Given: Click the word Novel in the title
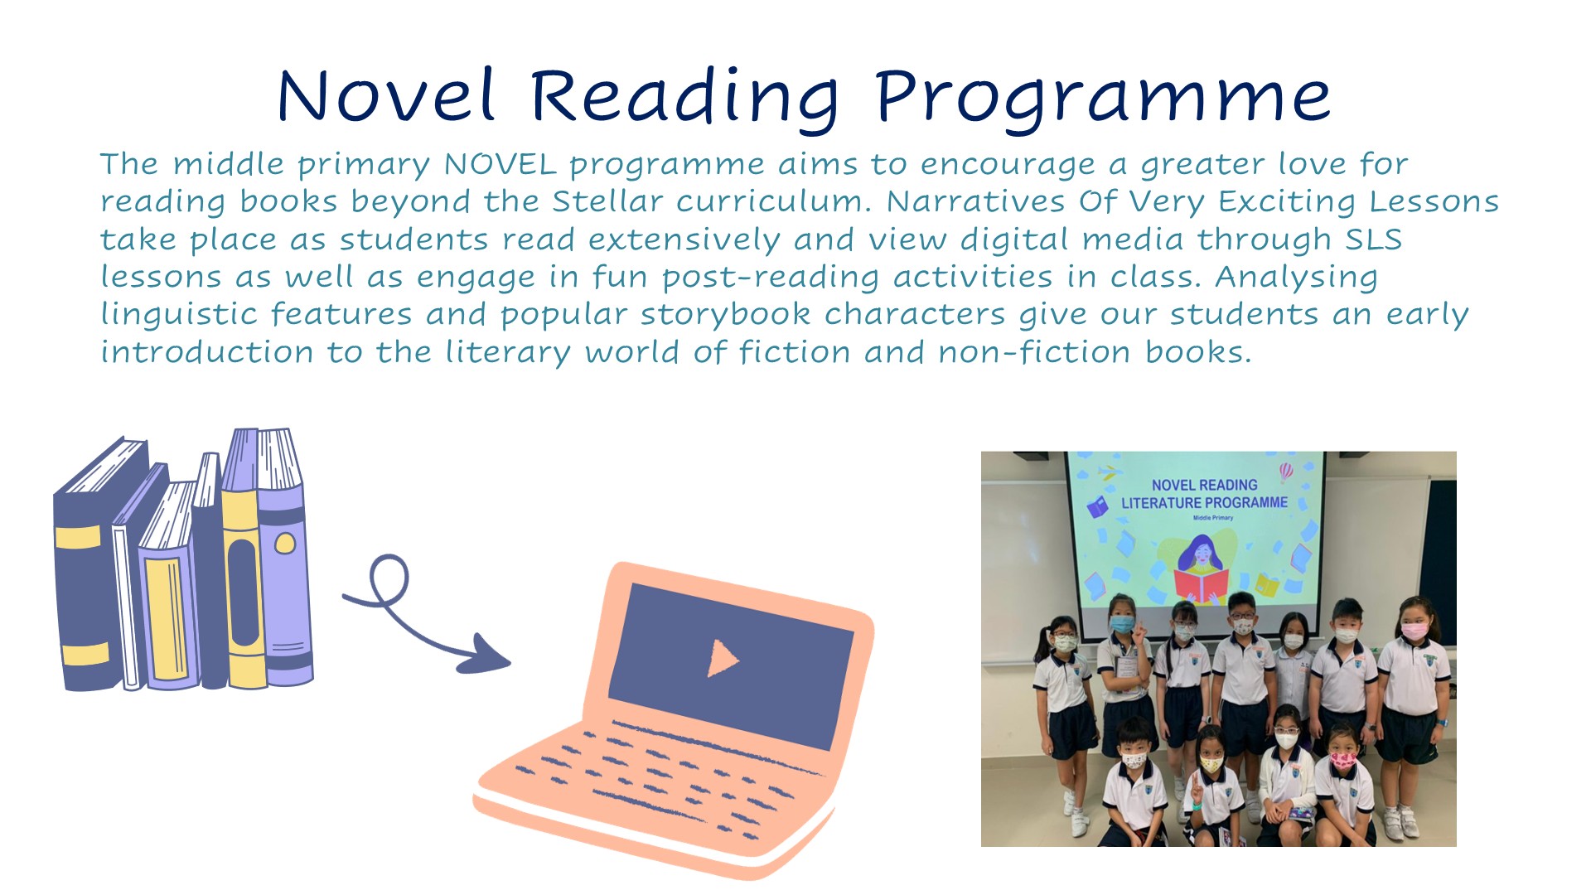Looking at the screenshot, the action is point(386,95).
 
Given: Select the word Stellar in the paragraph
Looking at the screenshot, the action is point(607,201).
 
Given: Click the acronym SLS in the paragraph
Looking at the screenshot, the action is point(1373,239).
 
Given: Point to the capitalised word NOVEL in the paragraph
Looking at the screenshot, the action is point(500,164).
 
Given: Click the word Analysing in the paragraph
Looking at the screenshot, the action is point(1296,278).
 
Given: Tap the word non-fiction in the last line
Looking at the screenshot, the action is point(1034,352).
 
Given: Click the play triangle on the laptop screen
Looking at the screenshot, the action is point(723,658).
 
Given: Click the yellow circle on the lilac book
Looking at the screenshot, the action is point(285,544).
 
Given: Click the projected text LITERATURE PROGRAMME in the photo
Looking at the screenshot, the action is point(1204,503).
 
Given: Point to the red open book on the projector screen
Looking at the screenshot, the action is point(1200,585).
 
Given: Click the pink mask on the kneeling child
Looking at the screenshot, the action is point(1342,759).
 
